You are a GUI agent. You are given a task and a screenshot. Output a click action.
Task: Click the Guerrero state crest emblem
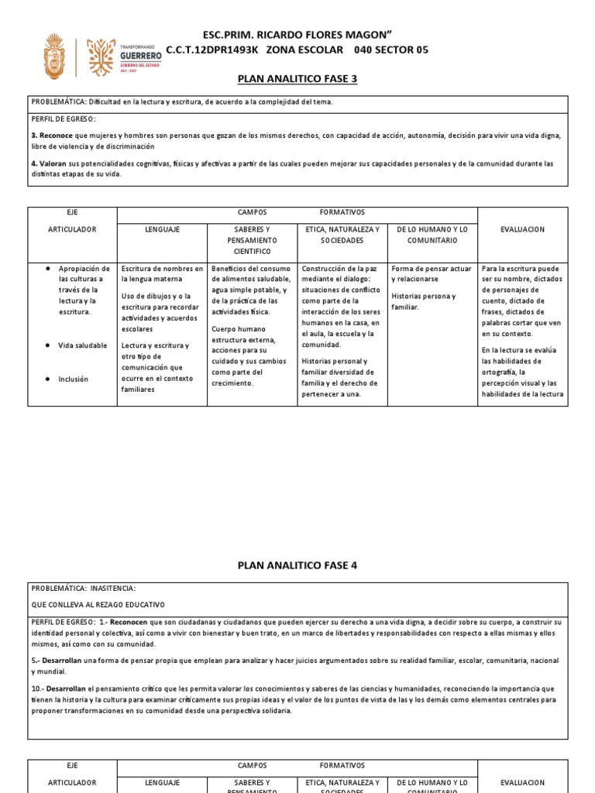click(55, 56)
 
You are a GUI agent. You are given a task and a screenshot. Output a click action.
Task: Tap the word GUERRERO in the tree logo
click(141, 57)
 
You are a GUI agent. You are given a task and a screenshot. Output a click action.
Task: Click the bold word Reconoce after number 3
click(52, 136)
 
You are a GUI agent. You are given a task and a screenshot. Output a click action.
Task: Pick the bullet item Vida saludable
click(83, 345)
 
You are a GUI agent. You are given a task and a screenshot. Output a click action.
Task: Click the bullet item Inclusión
click(74, 379)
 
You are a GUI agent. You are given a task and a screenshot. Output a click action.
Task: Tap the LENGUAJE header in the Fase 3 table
click(162, 229)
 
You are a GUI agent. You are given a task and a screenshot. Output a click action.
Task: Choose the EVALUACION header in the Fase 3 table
click(522, 229)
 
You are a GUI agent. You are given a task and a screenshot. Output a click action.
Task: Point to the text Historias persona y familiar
click(424, 301)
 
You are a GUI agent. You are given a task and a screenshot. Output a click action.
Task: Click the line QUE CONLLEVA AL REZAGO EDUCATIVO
click(98, 605)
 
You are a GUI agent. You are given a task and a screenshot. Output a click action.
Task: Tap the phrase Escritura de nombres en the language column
click(162, 269)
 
